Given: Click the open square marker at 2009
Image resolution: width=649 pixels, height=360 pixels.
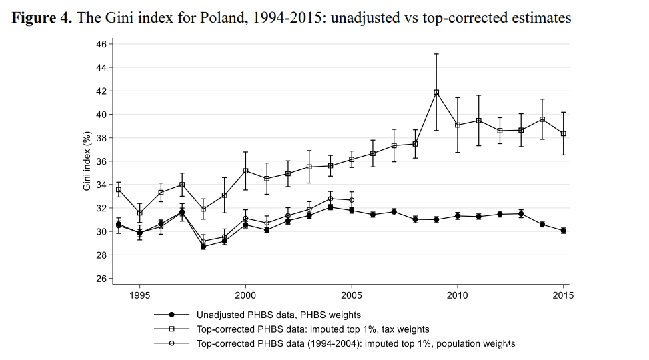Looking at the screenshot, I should point(436,93).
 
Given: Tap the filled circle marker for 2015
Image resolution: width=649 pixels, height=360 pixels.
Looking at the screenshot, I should point(564,231).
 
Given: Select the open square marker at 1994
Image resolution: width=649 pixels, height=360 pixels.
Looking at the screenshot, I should point(119,190).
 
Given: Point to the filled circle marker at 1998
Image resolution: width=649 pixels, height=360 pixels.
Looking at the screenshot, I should point(203,247).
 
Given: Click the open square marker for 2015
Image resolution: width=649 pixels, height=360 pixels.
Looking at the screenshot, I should point(564,133).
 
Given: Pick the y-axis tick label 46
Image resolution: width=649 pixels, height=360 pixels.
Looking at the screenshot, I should point(101,44).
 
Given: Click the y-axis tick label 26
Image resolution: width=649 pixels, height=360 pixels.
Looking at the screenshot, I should point(101,279).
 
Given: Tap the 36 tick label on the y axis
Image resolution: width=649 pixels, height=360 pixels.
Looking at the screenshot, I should point(101,161).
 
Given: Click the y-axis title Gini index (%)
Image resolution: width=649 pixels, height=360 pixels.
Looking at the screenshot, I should point(87,161).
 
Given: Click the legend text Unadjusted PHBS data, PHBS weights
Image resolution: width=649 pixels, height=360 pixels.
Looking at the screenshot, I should point(279,315).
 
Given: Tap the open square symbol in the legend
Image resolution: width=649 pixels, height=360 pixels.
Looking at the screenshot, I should point(171,329).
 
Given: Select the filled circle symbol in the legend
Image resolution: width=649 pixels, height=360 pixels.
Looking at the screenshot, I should point(171,315).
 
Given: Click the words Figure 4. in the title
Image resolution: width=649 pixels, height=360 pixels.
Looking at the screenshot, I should point(42,18).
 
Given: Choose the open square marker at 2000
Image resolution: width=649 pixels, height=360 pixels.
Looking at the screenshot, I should point(245,171).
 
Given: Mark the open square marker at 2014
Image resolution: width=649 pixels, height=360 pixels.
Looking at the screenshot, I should point(542,119).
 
